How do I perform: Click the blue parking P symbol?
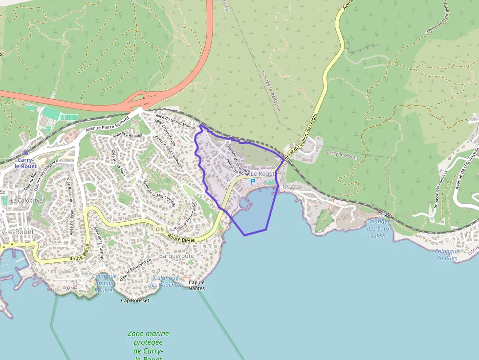253,182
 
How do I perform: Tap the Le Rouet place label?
262,174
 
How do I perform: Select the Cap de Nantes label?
196,285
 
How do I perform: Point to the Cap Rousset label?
134,300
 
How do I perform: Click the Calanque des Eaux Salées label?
378,228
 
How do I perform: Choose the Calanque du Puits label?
447,254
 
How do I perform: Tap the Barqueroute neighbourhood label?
176,255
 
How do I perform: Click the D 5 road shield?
160,229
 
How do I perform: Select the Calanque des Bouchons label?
166,281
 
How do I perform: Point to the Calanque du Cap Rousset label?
103,283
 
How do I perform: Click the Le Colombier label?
27,201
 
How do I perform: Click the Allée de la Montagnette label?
159,192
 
